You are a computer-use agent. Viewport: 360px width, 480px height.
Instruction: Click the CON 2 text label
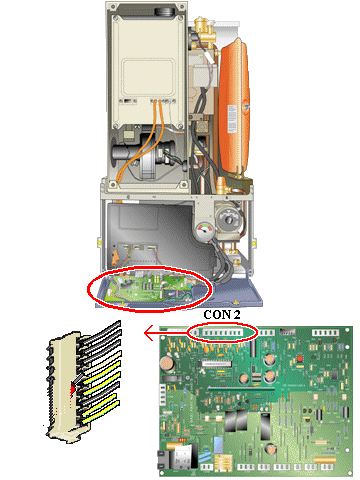click(222, 315)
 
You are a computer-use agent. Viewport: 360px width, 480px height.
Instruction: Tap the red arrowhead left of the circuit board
click(149, 333)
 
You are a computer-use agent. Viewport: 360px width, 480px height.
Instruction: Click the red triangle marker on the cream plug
click(73, 388)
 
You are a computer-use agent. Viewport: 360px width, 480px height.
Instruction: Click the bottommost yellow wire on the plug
click(100, 412)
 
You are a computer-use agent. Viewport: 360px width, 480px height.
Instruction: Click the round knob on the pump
click(229, 220)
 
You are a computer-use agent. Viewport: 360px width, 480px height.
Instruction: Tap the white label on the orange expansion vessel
click(231, 119)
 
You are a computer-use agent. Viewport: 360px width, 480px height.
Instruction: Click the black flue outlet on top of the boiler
click(165, 10)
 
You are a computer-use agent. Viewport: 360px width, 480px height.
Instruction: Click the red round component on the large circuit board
click(299, 359)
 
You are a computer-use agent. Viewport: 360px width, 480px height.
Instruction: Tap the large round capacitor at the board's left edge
click(167, 364)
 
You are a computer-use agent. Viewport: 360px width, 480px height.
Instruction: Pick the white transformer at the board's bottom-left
click(182, 456)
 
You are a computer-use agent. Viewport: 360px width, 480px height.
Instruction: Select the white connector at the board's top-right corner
click(325, 333)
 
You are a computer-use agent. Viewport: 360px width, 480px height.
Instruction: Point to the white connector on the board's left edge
click(162, 394)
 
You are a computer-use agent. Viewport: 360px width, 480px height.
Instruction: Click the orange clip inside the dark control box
click(115, 256)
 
